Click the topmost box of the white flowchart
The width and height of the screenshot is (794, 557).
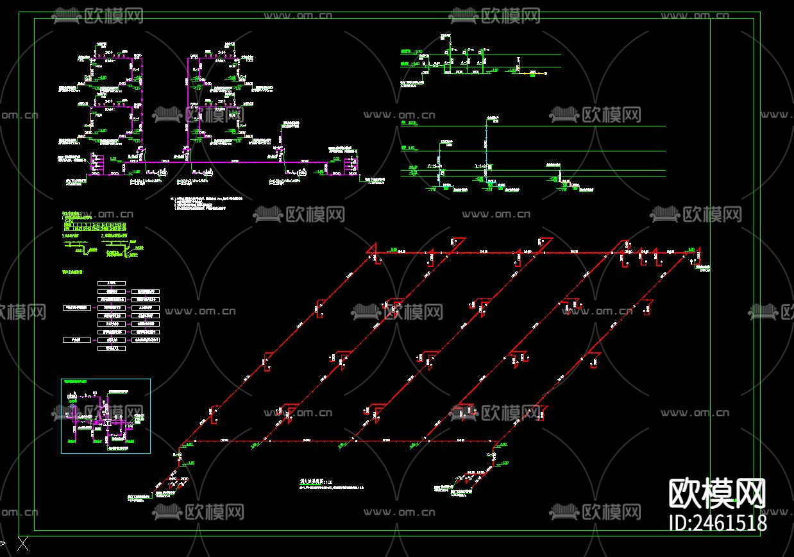coord(111,283)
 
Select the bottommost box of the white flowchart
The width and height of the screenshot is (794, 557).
coord(111,348)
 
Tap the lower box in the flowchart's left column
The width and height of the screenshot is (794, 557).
coord(77,339)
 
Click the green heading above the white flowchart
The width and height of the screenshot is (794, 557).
coord(77,273)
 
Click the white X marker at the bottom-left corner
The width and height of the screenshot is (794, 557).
coord(23,545)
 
